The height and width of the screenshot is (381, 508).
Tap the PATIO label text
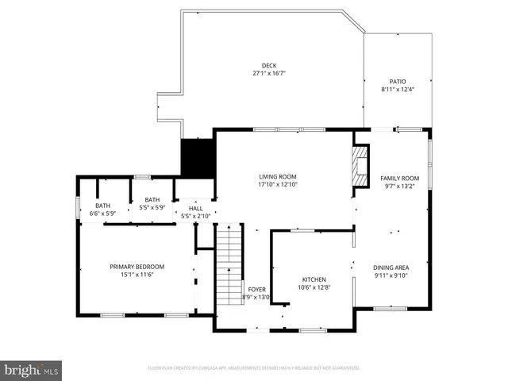click(x=397, y=82)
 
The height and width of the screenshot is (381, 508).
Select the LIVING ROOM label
click(x=277, y=176)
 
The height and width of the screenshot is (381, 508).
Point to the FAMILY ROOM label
click(x=399, y=179)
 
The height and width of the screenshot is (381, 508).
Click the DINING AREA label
click(x=391, y=267)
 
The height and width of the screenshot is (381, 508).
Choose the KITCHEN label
click(x=313, y=279)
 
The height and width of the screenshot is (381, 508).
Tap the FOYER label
click(x=256, y=290)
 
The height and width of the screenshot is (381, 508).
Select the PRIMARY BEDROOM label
click(x=137, y=267)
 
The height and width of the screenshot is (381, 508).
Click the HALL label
click(x=195, y=209)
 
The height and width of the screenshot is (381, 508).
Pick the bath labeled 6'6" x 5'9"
click(x=103, y=206)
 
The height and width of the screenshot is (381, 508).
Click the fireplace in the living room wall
click(x=361, y=165)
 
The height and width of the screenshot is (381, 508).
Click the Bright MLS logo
click(x=32, y=370)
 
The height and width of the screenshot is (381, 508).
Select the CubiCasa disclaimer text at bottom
click(x=254, y=368)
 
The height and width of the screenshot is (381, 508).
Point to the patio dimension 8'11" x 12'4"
click(x=397, y=90)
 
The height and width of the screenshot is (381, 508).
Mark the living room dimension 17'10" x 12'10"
click(x=277, y=184)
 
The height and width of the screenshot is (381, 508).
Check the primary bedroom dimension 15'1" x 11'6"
click(x=137, y=275)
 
